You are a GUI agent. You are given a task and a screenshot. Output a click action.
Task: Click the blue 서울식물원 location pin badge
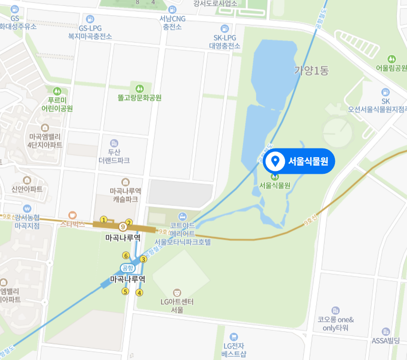click(299, 161)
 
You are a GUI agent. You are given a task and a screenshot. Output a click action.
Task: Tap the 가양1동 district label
click(312, 71)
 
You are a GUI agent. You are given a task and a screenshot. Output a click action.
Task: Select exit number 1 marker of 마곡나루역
click(103, 220)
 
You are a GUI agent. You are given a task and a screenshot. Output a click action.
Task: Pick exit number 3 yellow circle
click(143, 259)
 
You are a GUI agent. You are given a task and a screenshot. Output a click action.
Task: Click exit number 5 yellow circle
click(125, 291)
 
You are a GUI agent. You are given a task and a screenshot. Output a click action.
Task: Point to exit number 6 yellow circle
click(126, 255)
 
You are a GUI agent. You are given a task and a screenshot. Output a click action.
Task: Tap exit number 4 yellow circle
click(139, 292)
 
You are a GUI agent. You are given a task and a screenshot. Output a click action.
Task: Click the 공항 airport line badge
click(126, 268)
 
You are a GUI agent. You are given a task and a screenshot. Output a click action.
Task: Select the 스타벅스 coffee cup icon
click(73, 215)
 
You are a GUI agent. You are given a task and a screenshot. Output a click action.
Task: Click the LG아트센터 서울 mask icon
click(177, 292)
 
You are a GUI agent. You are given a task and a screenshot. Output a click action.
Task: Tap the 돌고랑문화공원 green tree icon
click(140, 88)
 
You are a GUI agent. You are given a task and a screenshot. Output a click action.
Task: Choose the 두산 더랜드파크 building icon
click(114, 143)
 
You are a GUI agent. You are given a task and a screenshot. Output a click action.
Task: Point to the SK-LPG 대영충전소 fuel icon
click(225, 29)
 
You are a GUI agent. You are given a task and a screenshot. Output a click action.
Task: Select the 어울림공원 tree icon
click(392, 59)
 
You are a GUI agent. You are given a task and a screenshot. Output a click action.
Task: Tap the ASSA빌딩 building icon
click(386, 331)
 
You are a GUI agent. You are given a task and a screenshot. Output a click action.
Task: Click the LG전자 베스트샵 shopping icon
click(233, 337)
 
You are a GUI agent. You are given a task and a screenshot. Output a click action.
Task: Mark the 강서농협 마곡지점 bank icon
click(27, 209)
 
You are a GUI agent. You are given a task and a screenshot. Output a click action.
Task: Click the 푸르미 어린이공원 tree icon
click(57, 91)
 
